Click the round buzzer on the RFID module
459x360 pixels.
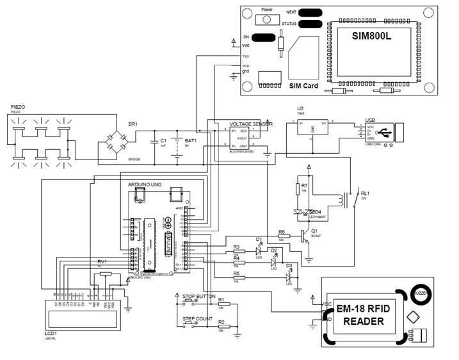[x=420, y=291]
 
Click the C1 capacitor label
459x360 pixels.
[x=163, y=140]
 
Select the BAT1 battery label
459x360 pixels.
[x=191, y=140]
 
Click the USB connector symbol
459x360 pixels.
[x=388, y=133]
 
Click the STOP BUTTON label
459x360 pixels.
[x=198, y=297]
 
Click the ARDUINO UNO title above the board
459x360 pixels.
[x=145, y=184]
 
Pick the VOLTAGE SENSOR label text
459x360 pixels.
[x=251, y=123]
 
